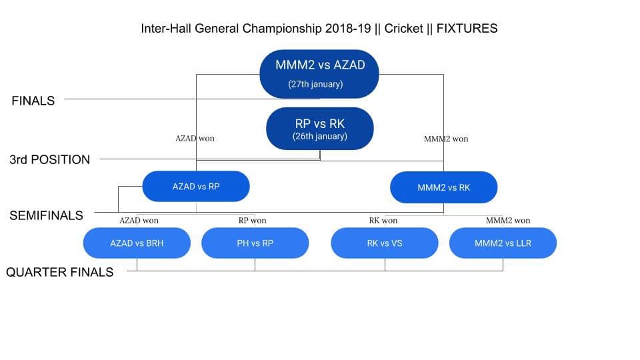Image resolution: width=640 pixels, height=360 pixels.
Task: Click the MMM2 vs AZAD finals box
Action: point(319,74)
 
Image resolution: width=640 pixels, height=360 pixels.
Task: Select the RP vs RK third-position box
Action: point(319,129)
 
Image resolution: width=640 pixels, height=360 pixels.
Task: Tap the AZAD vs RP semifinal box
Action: point(196,186)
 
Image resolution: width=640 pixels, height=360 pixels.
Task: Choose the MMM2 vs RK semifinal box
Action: point(444,187)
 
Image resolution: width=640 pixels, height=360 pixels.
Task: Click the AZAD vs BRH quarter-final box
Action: point(137,243)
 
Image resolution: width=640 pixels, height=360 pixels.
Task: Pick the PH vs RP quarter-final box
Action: point(255,243)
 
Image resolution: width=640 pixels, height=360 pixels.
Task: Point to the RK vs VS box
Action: point(385,243)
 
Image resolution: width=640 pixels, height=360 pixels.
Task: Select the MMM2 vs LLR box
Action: point(503,243)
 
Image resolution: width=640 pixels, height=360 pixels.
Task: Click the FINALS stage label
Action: point(33,101)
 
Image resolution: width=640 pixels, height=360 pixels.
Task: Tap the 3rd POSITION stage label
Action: point(50,159)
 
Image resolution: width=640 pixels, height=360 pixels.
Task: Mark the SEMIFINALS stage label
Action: point(46,215)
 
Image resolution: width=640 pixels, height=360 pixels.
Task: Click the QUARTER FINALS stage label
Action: point(59,272)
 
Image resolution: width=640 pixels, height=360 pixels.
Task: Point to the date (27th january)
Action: point(315,84)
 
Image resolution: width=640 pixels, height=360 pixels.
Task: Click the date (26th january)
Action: point(319,136)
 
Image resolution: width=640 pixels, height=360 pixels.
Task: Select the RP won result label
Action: point(252,221)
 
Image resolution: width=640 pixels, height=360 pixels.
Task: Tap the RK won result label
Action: point(383,221)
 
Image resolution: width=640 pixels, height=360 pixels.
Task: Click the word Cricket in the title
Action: point(404,29)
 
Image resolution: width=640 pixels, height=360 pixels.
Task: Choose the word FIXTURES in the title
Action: point(467,29)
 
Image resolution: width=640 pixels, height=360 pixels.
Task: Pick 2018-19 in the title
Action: point(348,29)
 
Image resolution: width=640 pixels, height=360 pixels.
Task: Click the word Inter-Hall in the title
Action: point(166,29)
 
